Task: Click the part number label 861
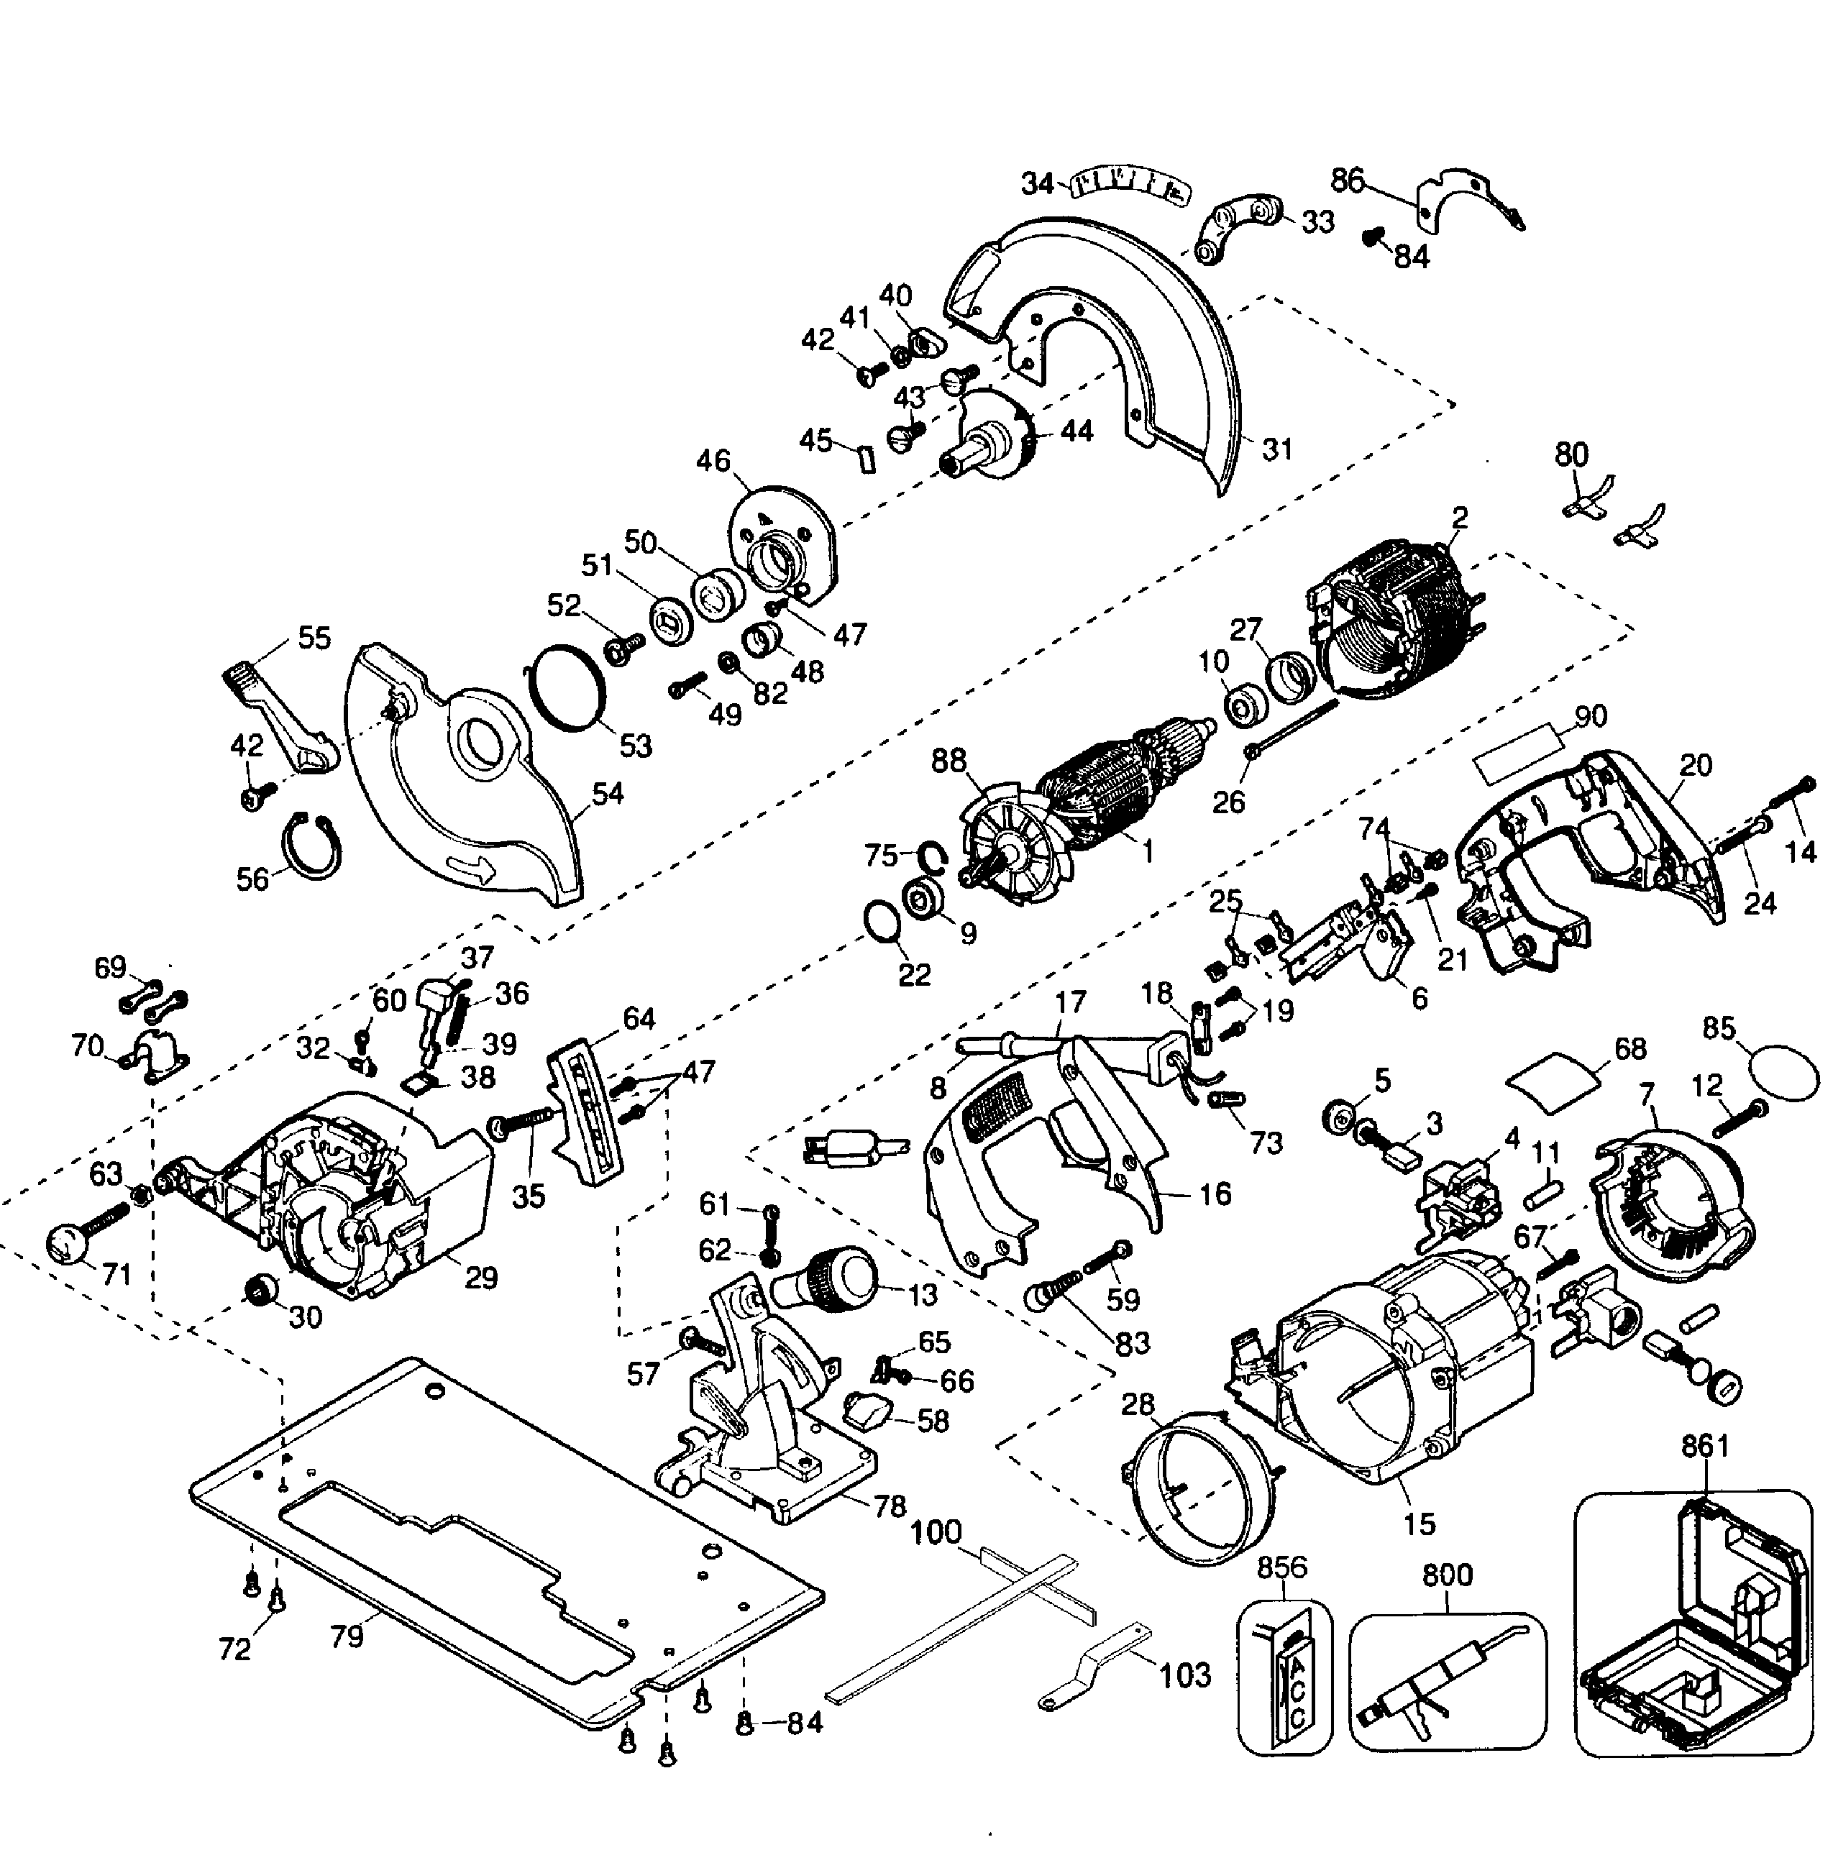pos(1705,1446)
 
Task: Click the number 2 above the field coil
pos(1460,518)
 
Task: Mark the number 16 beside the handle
pos(1215,1194)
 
